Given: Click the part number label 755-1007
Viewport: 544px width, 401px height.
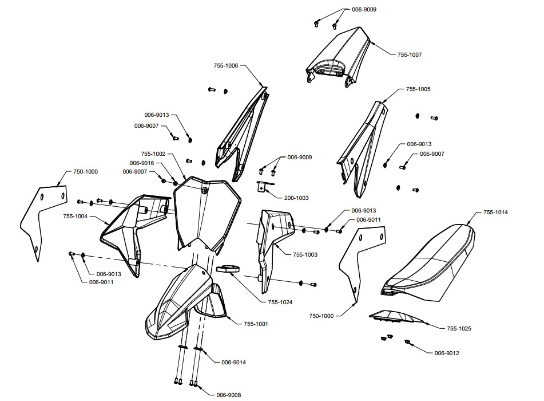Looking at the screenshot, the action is point(410,54).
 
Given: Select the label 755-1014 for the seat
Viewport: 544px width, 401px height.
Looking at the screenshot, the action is point(495,213).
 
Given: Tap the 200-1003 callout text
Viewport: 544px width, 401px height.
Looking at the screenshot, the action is point(296,198).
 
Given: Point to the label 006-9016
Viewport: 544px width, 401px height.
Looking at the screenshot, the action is point(141,163).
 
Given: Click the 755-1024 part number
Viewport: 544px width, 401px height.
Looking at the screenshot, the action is point(280,302).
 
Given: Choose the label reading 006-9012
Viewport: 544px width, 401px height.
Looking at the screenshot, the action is point(447,353).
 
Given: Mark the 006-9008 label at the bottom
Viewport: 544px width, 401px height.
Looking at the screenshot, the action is point(229,395).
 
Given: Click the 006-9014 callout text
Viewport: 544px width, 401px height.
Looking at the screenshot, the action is point(233,363).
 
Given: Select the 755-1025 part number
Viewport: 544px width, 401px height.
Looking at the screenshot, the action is point(459,328).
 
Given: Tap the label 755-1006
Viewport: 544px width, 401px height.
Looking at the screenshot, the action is point(226,66).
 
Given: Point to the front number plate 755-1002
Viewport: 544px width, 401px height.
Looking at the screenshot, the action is point(208,212).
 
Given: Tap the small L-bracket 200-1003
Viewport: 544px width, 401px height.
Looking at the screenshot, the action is point(264,187).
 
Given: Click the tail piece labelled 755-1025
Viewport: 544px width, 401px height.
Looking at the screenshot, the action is point(397,317).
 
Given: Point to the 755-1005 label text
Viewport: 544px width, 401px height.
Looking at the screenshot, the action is point(418,89).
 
